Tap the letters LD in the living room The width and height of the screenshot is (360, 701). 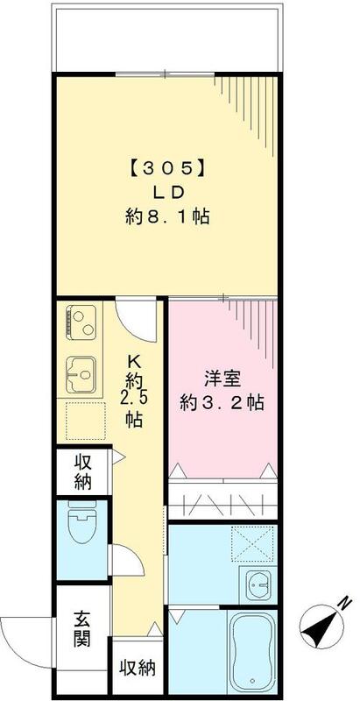(x=166, y=192)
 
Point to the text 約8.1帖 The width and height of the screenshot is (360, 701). (x=166, y=216)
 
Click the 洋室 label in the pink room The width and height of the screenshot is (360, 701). (x=221, y=381)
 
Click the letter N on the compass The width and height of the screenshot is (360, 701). (x=344, y=603)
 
